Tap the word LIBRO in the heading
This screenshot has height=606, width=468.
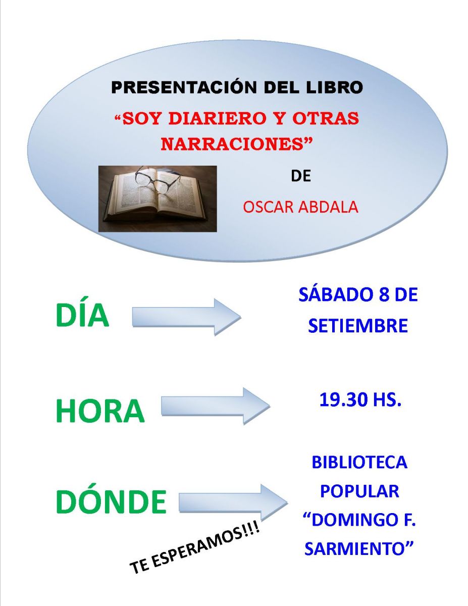(335, 87)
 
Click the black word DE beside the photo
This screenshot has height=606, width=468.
(301, 176)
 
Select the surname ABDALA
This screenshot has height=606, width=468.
(328, 207)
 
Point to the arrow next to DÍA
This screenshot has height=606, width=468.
(186, 317)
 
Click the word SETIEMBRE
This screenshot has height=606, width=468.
(358, 325)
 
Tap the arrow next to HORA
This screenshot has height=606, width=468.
(216, 407)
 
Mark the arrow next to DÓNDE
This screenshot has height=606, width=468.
(233, 502)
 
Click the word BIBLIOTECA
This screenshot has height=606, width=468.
(359, 463)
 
